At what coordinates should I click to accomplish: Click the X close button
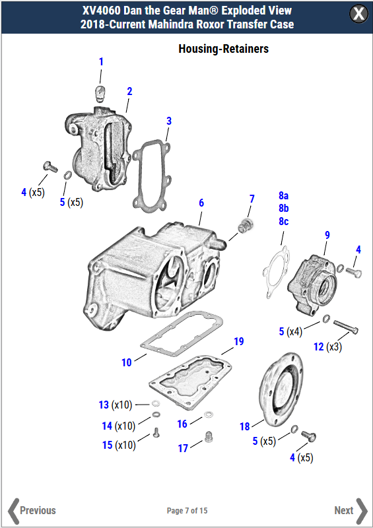pos(358,14)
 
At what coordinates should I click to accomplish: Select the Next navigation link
pos(351,510)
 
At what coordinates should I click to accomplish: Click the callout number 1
pos(101,61)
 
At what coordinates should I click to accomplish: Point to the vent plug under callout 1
pos(100,90)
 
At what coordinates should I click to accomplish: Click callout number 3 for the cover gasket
pos(169,121)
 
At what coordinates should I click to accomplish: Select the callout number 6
pos(201,203)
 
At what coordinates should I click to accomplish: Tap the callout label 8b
pos(283,209)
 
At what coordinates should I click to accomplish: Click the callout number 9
pos(327,235)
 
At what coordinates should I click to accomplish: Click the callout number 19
pos(238,341)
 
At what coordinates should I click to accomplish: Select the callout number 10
pos(126,362)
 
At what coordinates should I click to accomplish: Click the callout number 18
pos(244,426)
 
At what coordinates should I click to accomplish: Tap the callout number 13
pos(104,404)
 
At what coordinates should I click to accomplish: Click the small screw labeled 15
pos(157,432)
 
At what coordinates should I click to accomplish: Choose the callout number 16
pos(182,424)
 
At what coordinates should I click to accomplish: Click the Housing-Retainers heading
pos(223,49)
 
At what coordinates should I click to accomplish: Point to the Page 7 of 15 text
pos(187,511)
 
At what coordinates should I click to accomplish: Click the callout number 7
pos(252,199)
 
